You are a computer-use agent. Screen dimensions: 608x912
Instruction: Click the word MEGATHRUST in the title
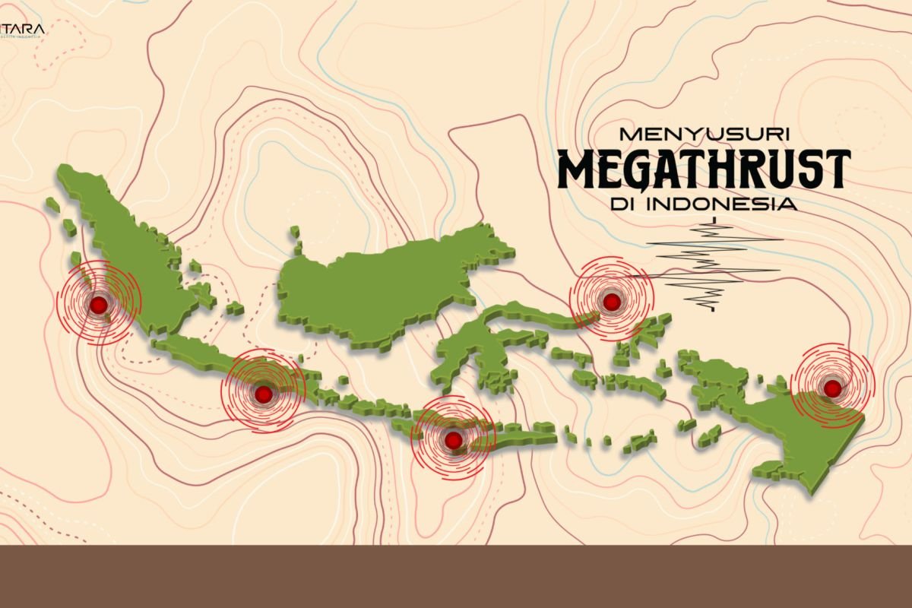[x=704, y=169]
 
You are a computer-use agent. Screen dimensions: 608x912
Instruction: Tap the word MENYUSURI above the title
[x=705, y=133]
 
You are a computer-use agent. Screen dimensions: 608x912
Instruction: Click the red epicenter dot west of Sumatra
[x=98, y=305]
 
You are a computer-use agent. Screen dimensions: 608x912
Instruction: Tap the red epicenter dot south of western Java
[x=263, y=394]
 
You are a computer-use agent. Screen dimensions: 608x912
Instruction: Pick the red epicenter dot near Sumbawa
[x=453, y=440]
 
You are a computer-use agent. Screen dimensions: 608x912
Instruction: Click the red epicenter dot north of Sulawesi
[x=612, y=302]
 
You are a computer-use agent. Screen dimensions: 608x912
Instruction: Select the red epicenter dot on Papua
[x=833, y=388]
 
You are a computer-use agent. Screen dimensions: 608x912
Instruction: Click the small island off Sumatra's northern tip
[x=52, y=204]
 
